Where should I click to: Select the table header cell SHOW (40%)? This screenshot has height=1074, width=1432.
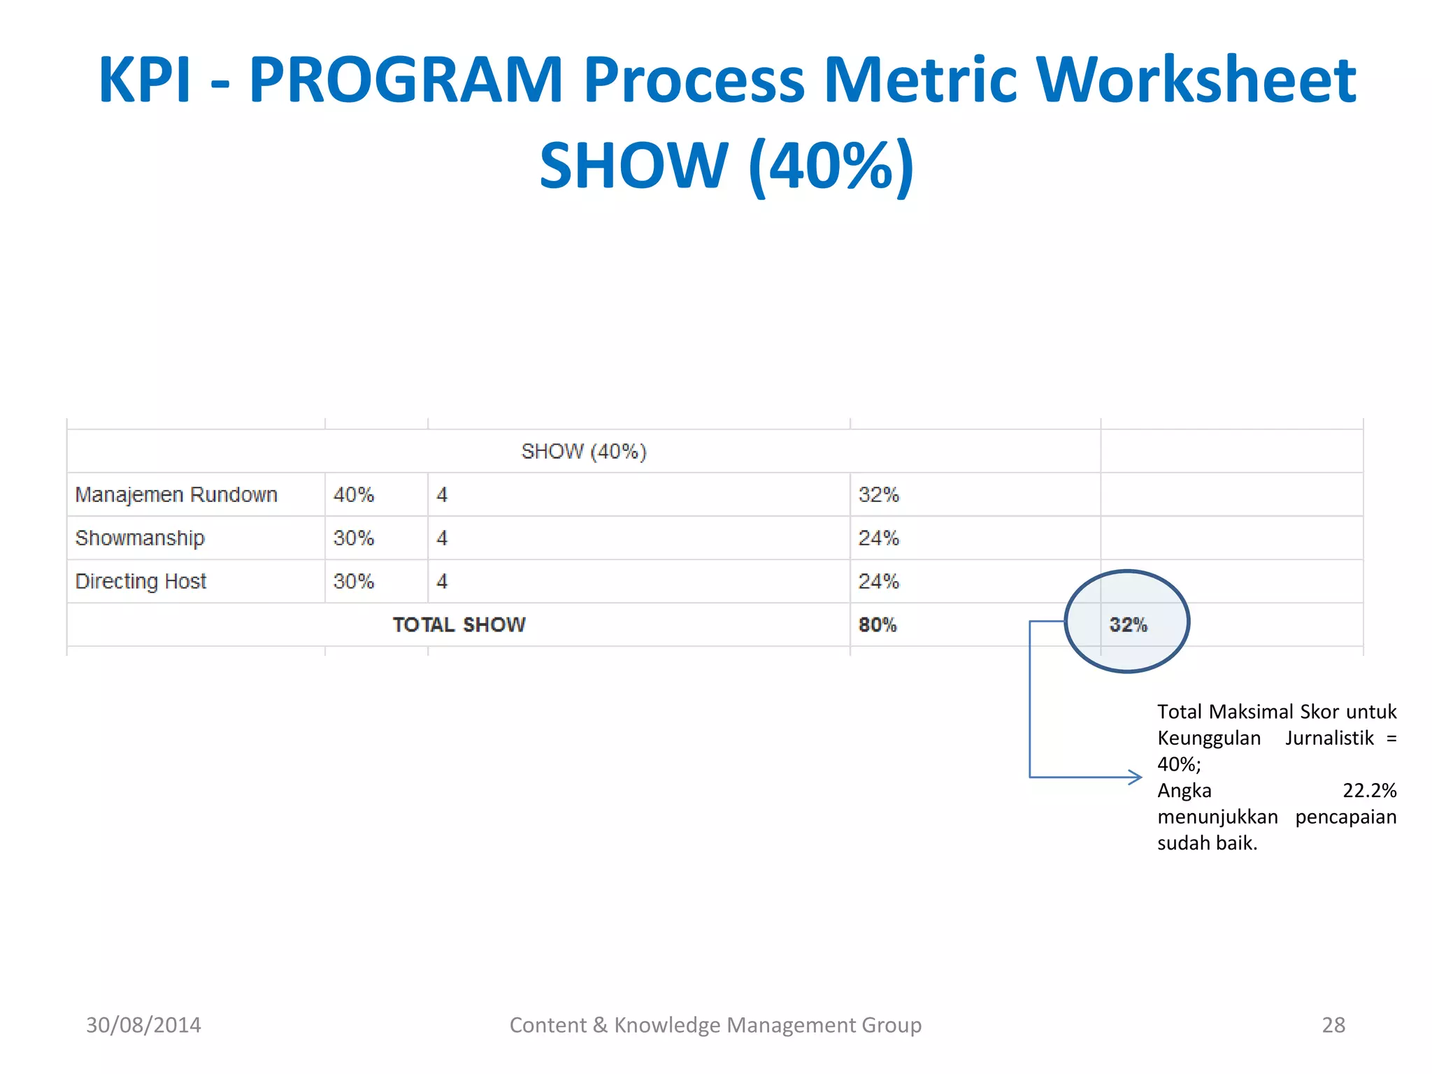[584, 452]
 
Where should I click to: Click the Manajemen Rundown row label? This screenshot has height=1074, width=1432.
[176, 495]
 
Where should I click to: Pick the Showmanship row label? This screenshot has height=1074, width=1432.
[140, 538]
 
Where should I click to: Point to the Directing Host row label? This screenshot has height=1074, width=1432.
[141, 582]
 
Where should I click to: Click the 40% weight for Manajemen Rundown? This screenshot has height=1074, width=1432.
[354, 495]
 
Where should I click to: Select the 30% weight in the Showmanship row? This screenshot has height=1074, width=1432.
[354, 538]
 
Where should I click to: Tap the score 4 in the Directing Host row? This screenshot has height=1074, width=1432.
[442, 582]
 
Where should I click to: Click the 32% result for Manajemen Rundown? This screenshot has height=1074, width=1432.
[879, 495]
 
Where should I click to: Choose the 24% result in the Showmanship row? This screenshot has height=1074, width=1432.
[879, 538]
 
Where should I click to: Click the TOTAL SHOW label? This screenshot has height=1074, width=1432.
[459, 625]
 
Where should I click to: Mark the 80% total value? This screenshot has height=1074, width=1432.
[878, 625]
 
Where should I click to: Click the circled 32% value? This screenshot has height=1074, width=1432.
[1128, 625]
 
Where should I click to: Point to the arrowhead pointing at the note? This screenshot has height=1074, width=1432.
[1136, 777]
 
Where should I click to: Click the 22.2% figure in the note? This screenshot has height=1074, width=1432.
[1369, 791]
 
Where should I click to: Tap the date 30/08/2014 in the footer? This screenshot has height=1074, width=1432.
[143, 1025]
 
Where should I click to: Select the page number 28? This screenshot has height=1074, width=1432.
[1333, 1025]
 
